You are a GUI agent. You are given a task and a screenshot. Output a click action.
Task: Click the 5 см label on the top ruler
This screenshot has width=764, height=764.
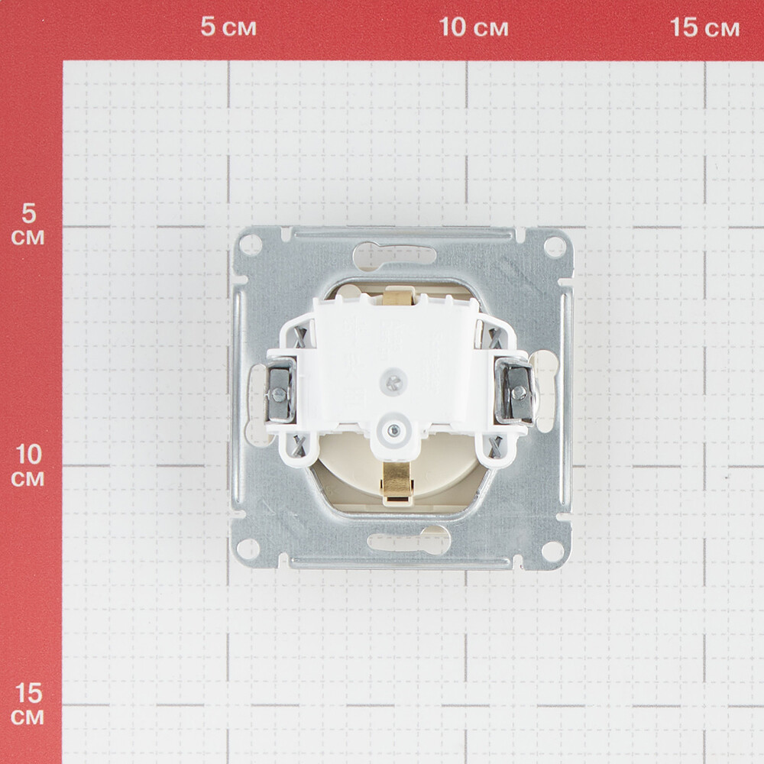point(228,27)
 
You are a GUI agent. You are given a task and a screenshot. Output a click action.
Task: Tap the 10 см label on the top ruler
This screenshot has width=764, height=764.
point(474,27)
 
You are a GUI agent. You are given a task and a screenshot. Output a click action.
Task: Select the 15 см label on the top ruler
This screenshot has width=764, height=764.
point(705,27)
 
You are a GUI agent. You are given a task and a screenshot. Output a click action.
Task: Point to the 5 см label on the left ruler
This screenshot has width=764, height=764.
point(28,224)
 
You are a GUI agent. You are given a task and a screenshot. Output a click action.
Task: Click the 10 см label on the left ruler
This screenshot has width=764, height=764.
point(28,465)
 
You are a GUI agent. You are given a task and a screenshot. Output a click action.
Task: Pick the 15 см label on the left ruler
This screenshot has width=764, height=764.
point(28,704)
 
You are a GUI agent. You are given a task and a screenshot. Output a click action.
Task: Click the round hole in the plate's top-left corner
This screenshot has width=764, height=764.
point(251,244)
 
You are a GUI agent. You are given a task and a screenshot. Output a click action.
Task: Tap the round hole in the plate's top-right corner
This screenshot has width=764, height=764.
point(554,246)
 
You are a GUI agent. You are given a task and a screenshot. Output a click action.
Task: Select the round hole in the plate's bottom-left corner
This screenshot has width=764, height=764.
point(248,548)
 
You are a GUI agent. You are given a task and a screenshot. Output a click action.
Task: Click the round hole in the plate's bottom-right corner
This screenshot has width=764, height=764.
point(552,550)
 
